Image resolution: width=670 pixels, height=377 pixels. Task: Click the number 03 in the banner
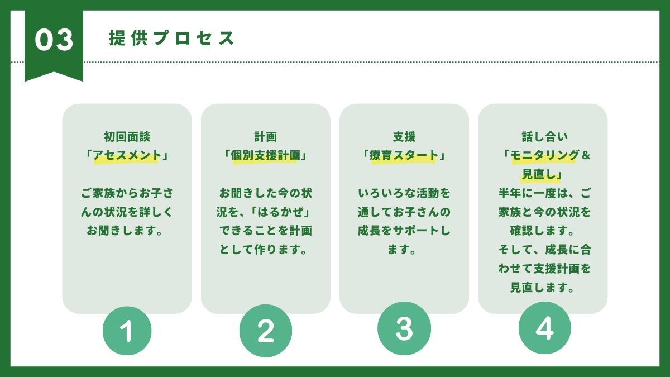(54, 40)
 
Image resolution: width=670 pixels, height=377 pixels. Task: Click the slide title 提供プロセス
(172, 38)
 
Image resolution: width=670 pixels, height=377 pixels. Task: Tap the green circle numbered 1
(127, 331)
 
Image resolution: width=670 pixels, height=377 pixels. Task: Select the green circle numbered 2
(265, 331)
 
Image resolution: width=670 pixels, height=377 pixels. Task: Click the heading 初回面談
(127, 136)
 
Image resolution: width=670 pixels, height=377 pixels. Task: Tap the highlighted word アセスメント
(127, 155)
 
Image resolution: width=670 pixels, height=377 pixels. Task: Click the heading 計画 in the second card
(265, 136)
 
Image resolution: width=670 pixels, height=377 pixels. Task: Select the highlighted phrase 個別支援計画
(265, 155)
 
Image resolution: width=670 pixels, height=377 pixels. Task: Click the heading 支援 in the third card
(404, 136)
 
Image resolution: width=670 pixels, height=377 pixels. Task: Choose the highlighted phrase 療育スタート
(404, 155)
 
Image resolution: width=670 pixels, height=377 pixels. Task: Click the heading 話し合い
(543, 136)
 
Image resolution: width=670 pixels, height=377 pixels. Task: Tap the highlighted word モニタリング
(544, 155)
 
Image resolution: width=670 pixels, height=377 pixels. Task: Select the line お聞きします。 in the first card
(127, 231)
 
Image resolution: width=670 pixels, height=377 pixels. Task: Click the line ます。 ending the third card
(404, 250)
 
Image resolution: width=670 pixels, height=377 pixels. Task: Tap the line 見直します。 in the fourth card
(543, 288)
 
